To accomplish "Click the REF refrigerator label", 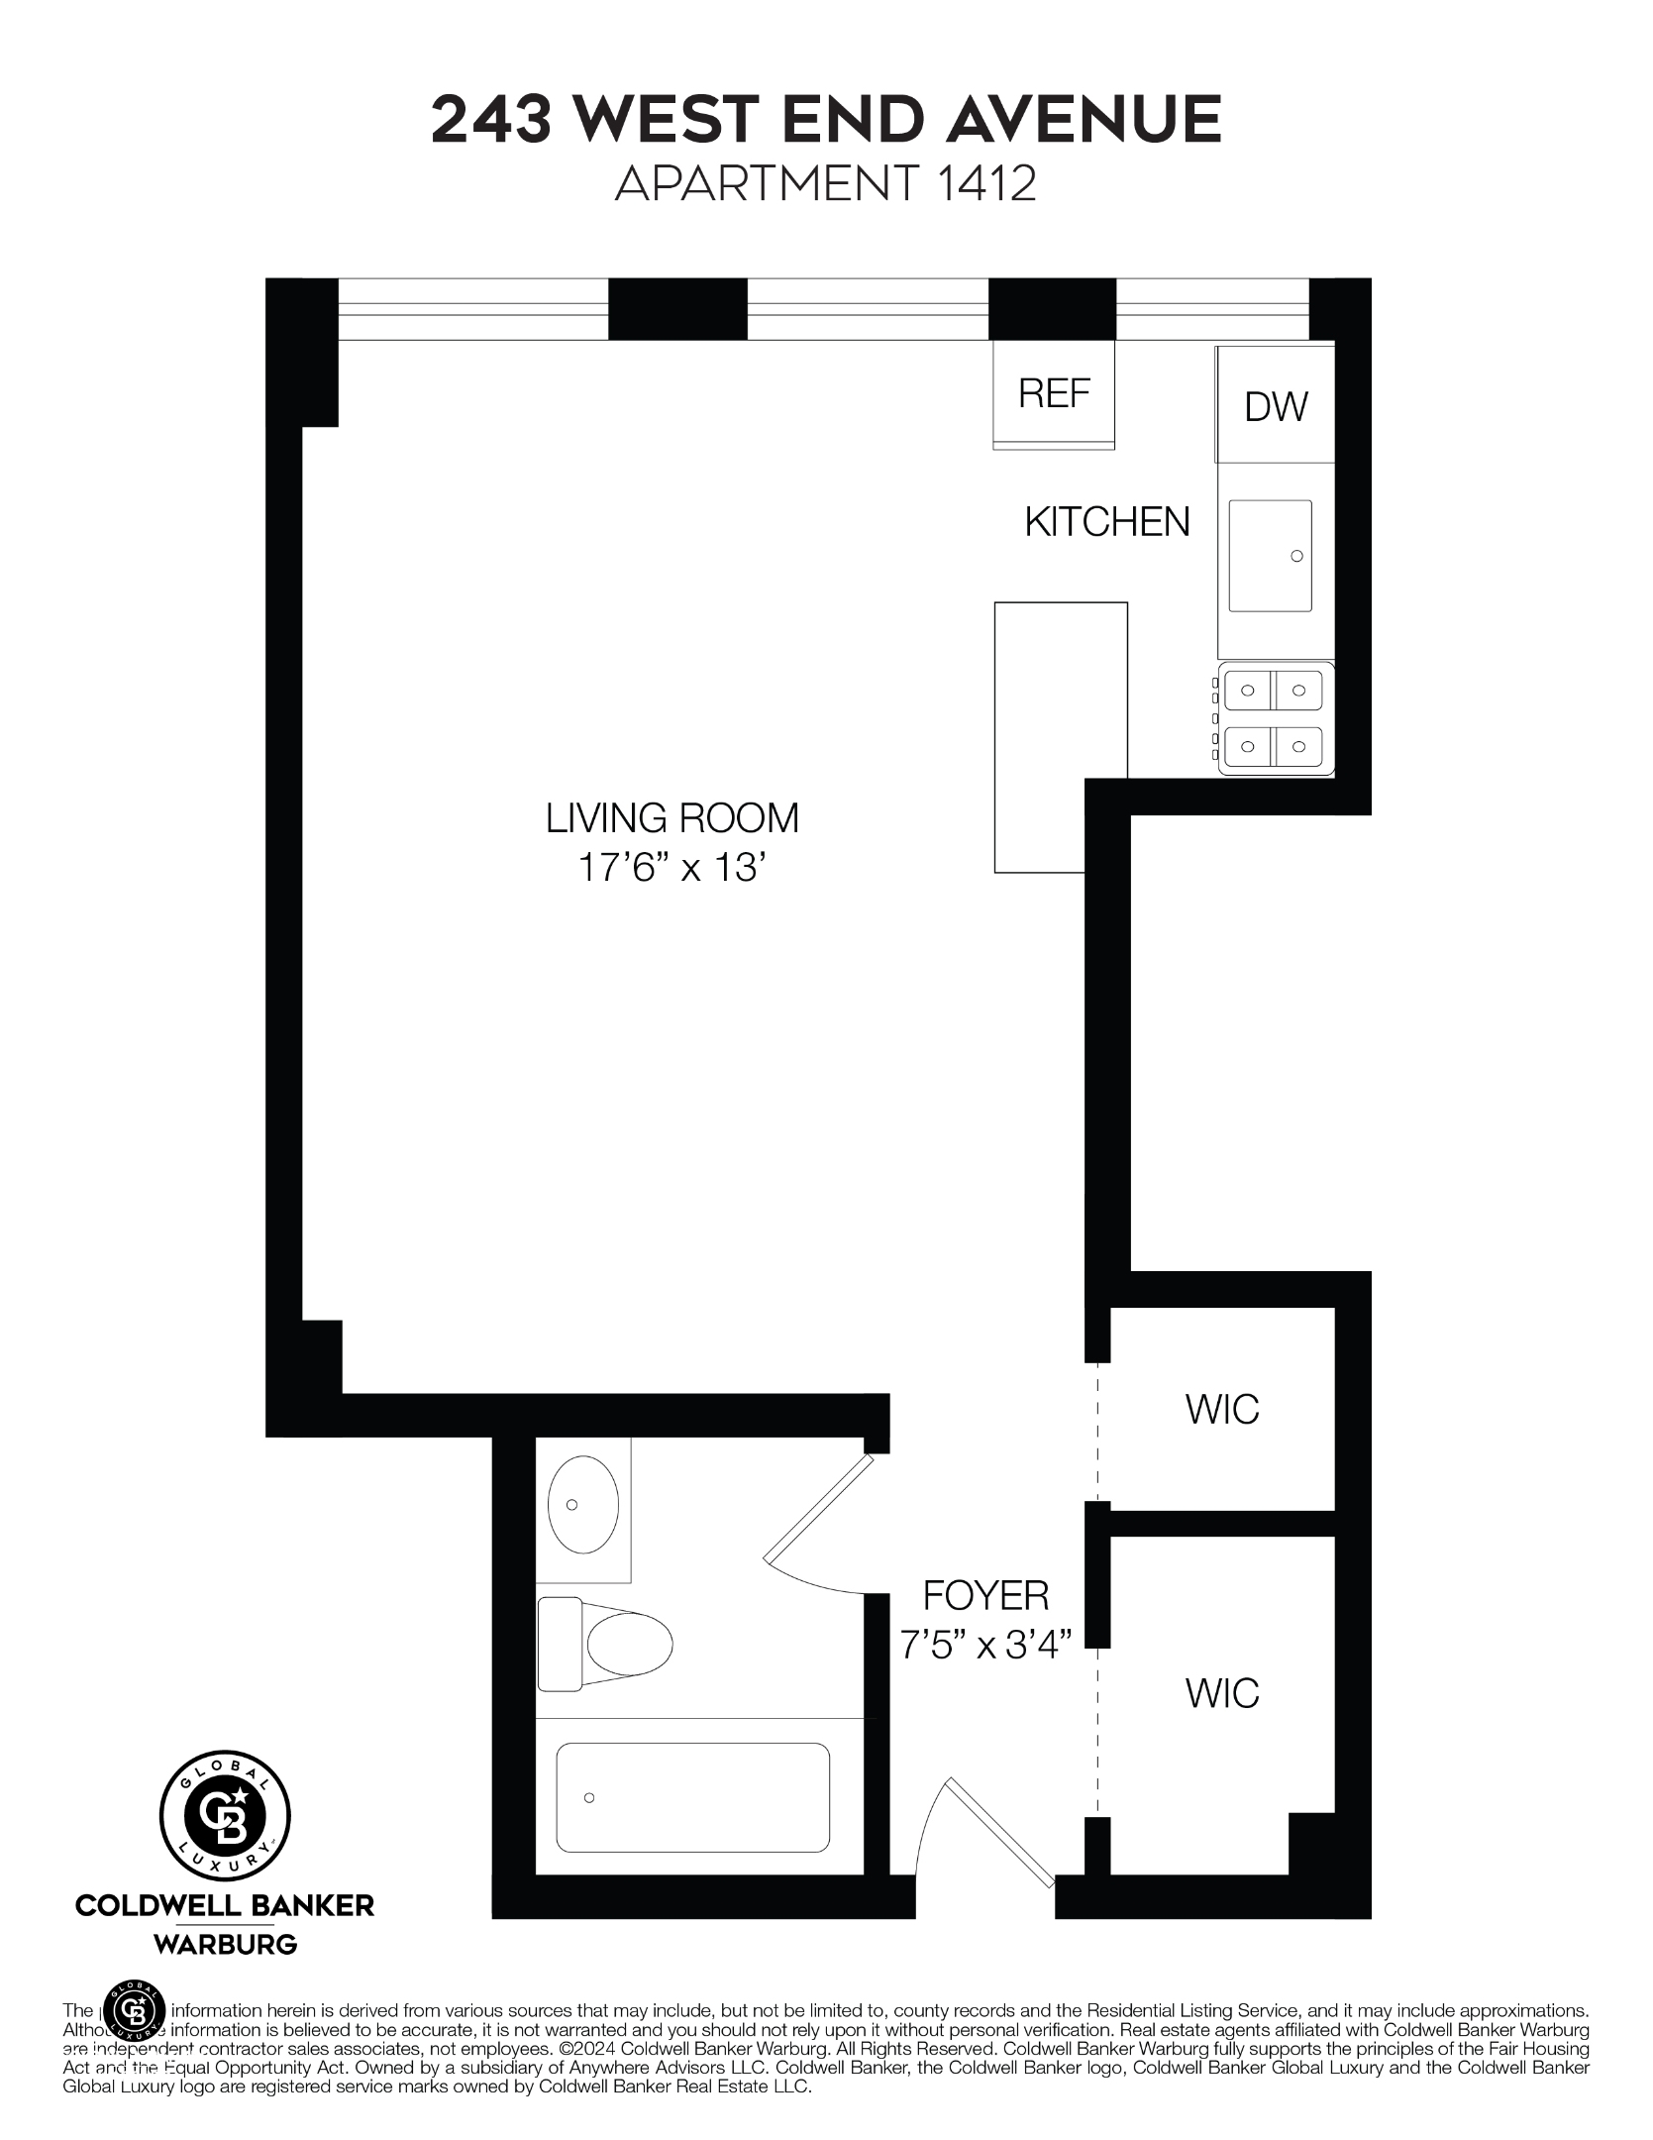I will click(x=1054, y=394).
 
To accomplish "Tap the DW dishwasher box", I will click(x=1276, y=406).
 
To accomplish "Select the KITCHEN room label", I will click(x=1106, y=522).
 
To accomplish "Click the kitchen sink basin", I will click(x=1270, y=556).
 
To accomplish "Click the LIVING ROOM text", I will click(x=672, y=818).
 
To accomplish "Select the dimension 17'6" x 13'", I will click(x=672, y=869).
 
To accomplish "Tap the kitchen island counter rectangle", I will click(x=1060, y=737).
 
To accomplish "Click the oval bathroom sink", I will click(x=583, y=1504).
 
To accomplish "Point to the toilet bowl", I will click(x=628, y=1644).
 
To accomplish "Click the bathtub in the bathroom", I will click(x=692, y=1797).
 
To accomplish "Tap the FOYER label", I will click(x=985, y=1596).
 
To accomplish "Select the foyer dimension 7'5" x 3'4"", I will click(x=985, y=1646).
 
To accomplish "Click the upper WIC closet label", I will click(x=1222, y=1409).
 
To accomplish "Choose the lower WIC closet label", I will click(x=1222, y=1693).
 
